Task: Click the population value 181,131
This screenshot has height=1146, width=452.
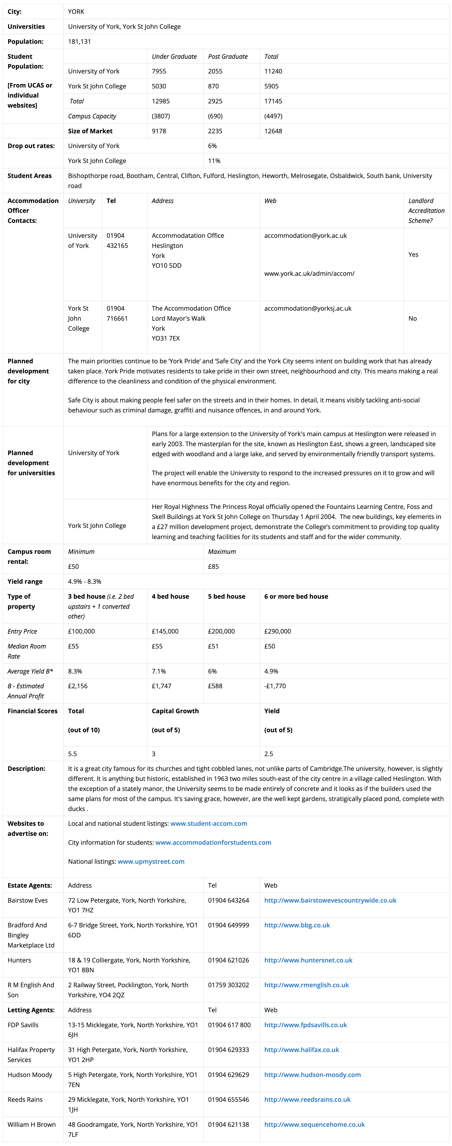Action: click(x=79, y=41)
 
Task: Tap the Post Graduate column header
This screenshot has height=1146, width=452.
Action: click(x=228, y=56)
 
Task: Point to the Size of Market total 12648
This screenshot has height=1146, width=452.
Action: click(x=273, y=131)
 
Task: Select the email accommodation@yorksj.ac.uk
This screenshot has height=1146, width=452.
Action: click(x=308, y=308)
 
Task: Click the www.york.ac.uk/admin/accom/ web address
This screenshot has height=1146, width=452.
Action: click(x=309, y=274)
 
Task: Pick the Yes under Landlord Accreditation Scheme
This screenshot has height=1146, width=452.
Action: click(x=413, y=255)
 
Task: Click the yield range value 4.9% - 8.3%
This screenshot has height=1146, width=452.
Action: click(x=85, y=581)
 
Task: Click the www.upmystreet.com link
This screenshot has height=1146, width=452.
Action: click(x=151, y=861)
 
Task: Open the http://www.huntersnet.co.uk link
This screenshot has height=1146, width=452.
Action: click(x=308, y=960)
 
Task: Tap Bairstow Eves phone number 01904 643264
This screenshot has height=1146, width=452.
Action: click(x=228, y=900)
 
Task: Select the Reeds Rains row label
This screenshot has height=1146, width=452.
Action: click(x=25, y=1099)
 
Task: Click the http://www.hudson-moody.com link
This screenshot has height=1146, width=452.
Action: click(x=312, y=1074)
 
